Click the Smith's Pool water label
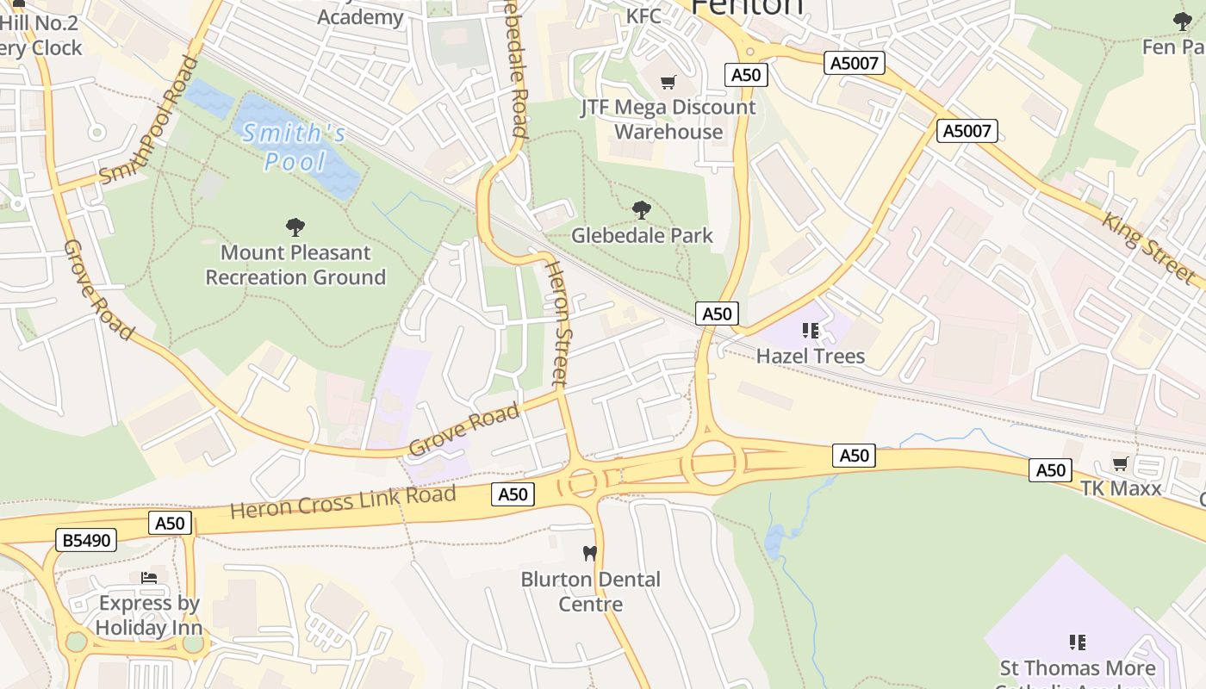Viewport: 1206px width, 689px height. pos(295,147)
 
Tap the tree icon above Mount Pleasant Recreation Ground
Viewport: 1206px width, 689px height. pos(295,227)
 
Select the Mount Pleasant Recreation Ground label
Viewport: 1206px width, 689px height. pos(295,264)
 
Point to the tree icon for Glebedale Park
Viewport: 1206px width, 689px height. pos(641,209)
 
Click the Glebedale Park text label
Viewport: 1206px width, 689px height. pos(642,235)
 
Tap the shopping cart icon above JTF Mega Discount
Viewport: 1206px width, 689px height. pos(668,83)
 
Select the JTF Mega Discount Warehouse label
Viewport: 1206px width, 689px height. pos(668,120)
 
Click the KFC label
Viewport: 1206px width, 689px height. pos(643,16)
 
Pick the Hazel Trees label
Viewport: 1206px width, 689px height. pos(810,356)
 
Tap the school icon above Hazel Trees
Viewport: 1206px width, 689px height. pos(810,330)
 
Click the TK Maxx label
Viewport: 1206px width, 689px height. pos(1121,488)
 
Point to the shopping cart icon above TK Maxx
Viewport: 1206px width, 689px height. pos(1121,464)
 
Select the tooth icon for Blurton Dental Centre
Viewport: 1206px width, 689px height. pos(590,553)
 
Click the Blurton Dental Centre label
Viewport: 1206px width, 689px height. pos(590,592)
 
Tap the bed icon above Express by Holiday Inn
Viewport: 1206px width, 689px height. pos(149,577)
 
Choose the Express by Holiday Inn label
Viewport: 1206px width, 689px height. pos(149,616)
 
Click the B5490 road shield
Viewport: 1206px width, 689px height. pos(85,540)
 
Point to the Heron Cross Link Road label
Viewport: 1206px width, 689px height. pos(343,501)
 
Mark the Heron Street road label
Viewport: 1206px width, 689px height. pos(558,322)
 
